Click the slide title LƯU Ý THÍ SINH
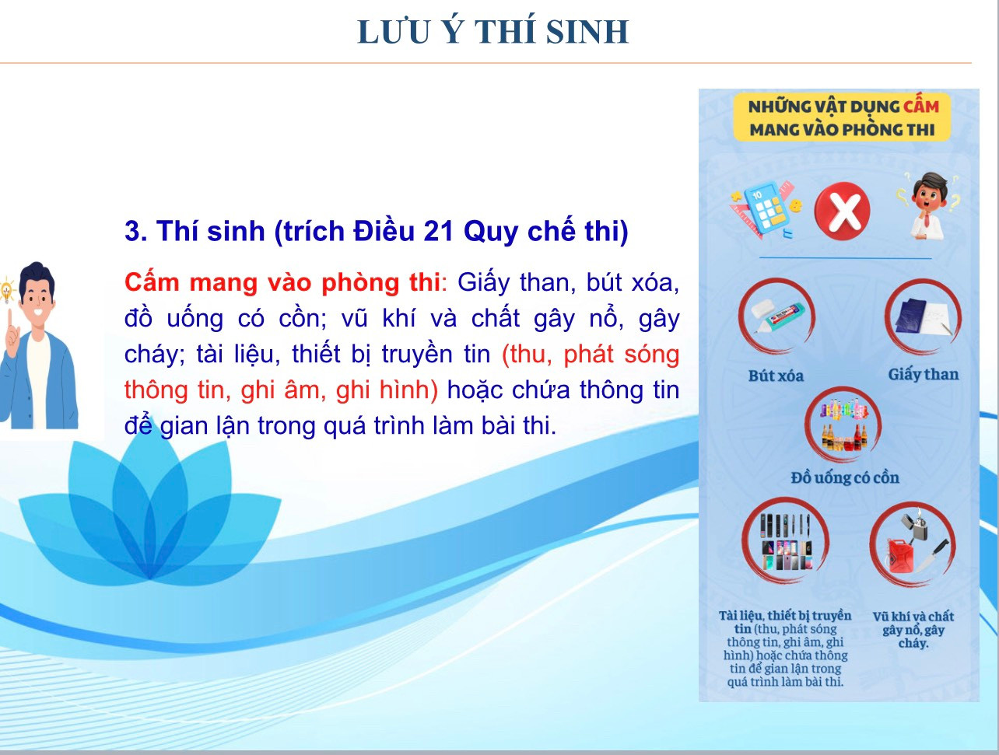492,32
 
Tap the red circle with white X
843,210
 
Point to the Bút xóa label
776,376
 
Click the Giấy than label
924,375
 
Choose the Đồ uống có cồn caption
845,477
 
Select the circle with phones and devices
786,540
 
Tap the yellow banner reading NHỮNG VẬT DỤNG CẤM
842,117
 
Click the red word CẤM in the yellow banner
921,107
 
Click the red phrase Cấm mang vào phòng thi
282,282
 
